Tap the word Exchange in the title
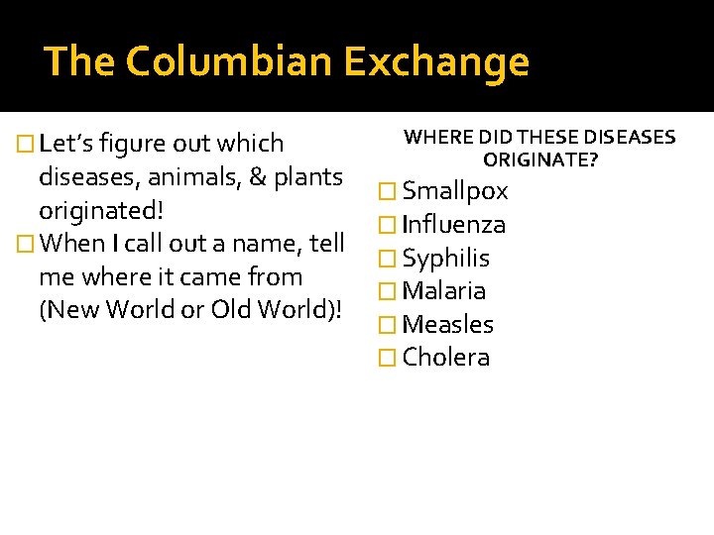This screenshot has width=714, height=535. tap(436, 61)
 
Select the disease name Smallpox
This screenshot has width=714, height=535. tap(455, 191)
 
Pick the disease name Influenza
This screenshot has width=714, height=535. tap(454, 225)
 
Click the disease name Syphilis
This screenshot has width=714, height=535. tap(446, 259)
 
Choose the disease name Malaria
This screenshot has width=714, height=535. tap(444, 291)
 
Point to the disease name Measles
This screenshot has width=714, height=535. tap(448, 325)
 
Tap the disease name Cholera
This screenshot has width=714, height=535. tap(446, 358)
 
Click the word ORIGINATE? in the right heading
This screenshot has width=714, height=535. tap(540, 159)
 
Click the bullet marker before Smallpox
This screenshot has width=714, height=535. tap(389, 192)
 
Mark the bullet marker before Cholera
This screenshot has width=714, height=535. tap(389, 359)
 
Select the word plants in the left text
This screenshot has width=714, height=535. tap(308, 178)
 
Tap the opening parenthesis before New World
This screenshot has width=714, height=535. tap(41, 309)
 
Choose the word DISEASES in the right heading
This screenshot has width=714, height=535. tap(630, 138)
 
